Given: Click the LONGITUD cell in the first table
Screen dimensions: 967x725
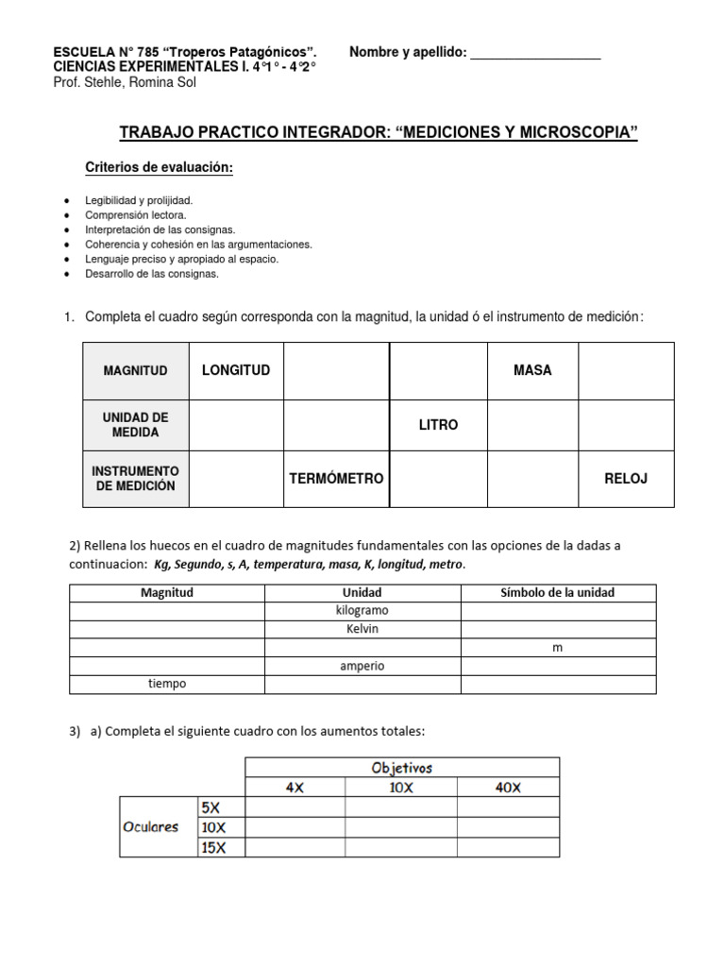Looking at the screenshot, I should pyautogui.click(x=236, y=370).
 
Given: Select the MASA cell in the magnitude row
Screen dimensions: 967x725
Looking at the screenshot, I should pyautogui.click(x=532, y=370).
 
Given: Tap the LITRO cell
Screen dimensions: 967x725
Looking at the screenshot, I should pyautogui.click(x=438, y=425).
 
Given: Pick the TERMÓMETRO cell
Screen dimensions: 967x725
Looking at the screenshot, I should pyautogui.click(x=336, y=479).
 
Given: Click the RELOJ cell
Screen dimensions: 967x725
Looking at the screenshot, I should pyautogui.click(x=626, y=479).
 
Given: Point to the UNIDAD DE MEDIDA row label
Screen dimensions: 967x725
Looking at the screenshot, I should pyautogui.click(x=135, y=425).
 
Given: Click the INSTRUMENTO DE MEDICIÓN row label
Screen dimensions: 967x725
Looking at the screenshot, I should pyautogui.click(x=135, y=479).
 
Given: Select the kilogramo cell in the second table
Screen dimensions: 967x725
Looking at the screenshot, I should pyautogui.click(x=362, y=611).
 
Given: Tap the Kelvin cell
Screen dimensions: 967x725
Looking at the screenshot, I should pyautogui.click(x=362, y=629).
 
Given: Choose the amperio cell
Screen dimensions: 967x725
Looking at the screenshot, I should pyautogui.click(x=362, y=666).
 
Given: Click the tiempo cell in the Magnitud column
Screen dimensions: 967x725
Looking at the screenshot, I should pyautogui.click(x=167, y=684).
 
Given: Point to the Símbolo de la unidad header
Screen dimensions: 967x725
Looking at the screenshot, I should pyautogui.click(x=557, y=593).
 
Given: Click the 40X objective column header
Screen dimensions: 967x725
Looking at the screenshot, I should pyautogui.click(x=508, y=788).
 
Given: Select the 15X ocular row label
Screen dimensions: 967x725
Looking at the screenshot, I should pyautogui.click(x=213, y=847).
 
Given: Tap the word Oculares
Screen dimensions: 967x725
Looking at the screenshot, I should pyautogui.click(x=151, y=826).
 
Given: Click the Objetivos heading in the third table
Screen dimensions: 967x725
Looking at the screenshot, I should pyautogui.click(x=402, y=768).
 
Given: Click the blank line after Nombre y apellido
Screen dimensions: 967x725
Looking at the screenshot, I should pyautogui.click(x=535, y=54).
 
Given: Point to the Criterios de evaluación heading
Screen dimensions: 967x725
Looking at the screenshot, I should pyautogui.click(x=159, y=167).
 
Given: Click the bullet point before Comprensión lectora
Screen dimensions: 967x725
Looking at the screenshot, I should pyautogui.click(x=65, y=215).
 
